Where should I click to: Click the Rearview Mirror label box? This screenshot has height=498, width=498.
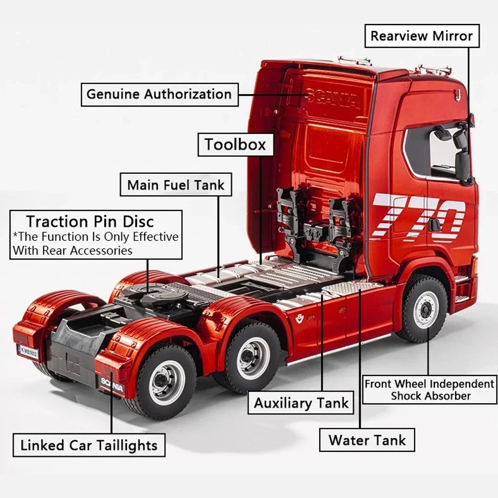(422, 36)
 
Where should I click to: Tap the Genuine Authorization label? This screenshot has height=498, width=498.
(159, 94)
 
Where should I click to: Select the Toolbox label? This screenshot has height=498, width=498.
(236, 145)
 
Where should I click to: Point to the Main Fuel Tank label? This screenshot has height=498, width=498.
(176, 185)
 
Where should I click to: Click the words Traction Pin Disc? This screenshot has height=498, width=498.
(90, 221)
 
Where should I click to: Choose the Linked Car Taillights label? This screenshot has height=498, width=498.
(89, 445)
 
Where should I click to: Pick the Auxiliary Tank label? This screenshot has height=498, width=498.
(301, 403)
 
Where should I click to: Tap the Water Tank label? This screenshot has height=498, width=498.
(367, 440)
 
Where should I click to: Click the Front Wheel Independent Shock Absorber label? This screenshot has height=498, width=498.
(430, 390)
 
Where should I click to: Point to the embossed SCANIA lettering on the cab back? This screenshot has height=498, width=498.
(333, 99)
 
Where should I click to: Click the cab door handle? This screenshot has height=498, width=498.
(434, 225)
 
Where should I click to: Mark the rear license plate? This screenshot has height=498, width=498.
(28, 352)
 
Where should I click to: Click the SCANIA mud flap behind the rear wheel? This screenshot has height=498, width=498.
(111, 384)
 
